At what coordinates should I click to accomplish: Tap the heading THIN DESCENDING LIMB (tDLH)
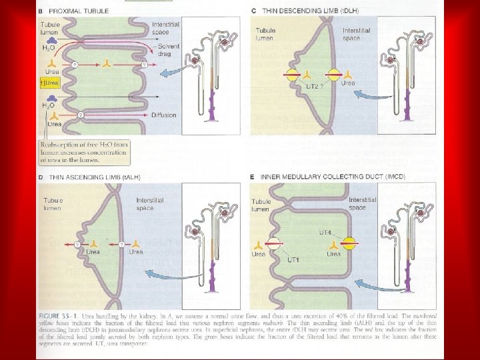coord(303,11)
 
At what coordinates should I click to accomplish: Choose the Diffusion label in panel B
coord(164,115)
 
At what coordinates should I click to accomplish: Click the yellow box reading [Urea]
coord(51,83)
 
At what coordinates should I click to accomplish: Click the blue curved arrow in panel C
coord(369,93)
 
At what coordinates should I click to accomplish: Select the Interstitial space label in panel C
coord(357,35)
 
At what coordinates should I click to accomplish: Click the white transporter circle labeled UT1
coord(275,245)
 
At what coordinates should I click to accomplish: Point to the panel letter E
coord(253,178)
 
